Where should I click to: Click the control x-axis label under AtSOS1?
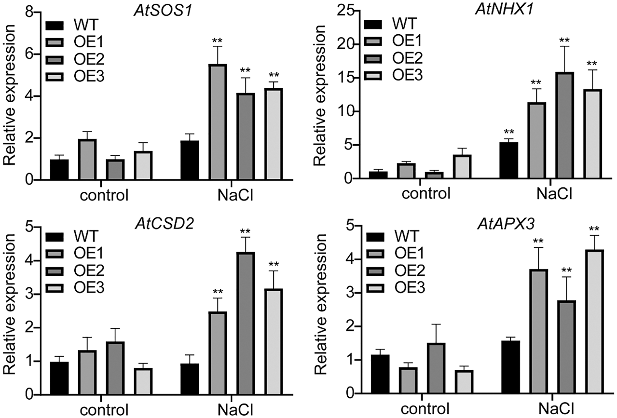[104, 196]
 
